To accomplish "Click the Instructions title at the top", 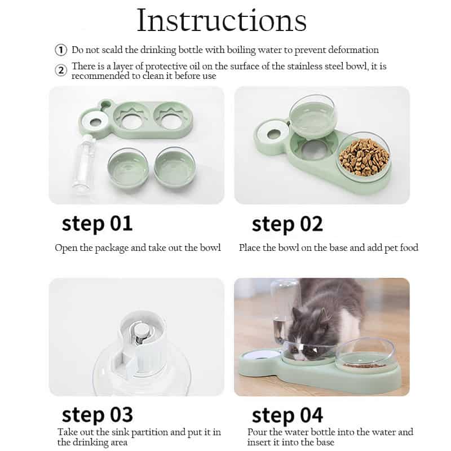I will point(222,21).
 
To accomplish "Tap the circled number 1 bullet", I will point(61,50).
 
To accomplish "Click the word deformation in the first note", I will point(352,50).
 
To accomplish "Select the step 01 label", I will point(97,223).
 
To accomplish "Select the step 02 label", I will point(287,224).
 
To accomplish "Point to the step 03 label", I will point(97,414).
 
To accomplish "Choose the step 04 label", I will point(287,415).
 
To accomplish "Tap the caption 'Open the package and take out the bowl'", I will point(138,247).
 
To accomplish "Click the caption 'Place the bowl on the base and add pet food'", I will point(328,247).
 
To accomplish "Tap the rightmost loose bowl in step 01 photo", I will point(175,167).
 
